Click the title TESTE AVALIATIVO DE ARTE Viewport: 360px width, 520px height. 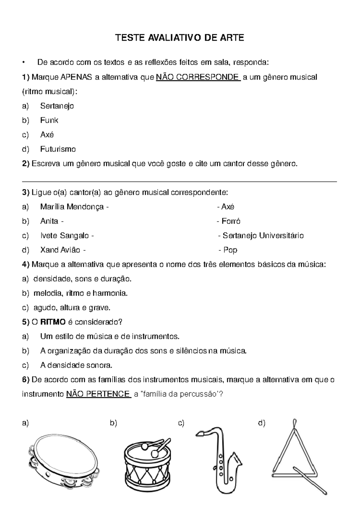[x=180, y=38]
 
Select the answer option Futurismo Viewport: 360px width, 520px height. [x=58, y=149]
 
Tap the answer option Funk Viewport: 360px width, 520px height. [x=49, y=120]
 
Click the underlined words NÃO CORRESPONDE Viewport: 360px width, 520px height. [x=198, y=77]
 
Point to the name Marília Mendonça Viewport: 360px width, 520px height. [x=72, y=207]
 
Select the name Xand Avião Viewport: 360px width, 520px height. [x=60, y=250]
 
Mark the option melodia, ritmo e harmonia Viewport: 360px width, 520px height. [x=80, y=293]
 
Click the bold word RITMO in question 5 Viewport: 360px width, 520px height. [x=53, y=322]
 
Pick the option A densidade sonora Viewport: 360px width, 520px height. [x=76, y=365]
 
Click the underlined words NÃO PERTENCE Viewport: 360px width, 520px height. [x=98, y=394]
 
